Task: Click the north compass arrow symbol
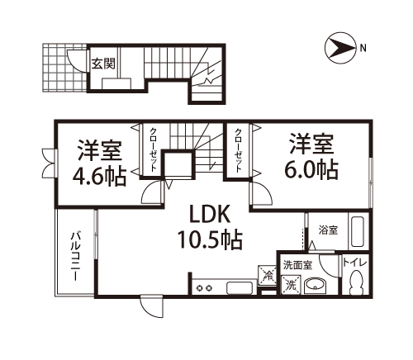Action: [x=339, y=48]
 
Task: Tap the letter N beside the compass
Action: [x=363, y=48]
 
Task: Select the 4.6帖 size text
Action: [x=98, y=177]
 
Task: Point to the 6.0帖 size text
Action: [x=310, y=170]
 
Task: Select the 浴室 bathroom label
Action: [x=328, y=230]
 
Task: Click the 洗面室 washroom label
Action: [x=297, y=265]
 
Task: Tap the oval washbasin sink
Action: [x=315, y=286]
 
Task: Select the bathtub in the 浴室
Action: [x=358, y=231]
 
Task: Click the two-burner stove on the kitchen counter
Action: [x=205, y=287]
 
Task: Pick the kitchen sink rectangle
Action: [x=239, y=287]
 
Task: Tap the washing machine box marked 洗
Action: [x=289, y=285]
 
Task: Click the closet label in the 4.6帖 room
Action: [x=154, y=149]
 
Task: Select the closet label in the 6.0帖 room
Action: [x=239, y=149]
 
